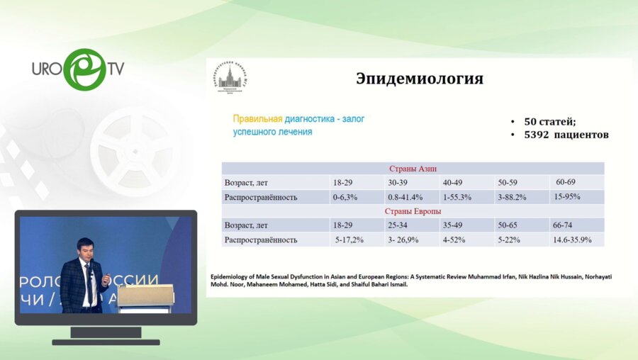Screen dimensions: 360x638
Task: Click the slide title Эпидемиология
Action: pos(419,79)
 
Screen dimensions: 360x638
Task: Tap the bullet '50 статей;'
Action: pos(549,121)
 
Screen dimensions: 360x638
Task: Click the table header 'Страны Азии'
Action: pos(413,169)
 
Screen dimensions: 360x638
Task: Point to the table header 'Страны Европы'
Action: pos(413,211)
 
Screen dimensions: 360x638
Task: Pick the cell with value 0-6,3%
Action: pos(348,197)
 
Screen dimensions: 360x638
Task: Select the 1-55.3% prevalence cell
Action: pos(458,197)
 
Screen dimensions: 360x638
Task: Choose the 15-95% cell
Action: pos(569,196)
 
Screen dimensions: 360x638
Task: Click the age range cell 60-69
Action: pos(567,182)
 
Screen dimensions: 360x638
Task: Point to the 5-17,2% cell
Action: pos(349,240)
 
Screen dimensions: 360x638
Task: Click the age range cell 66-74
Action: pos(564,225)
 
